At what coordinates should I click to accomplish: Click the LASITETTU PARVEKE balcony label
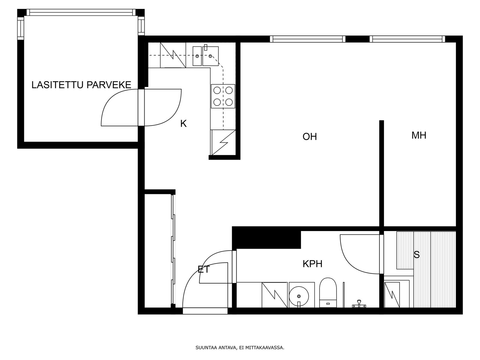click(x=81, y=85)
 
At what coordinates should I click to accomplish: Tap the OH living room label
click(x=309, y=136)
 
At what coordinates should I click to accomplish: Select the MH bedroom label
click(x=418, y=135)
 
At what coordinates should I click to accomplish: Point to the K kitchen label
click(x=183, y=124)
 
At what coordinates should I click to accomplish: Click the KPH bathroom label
click(x=312, y=264)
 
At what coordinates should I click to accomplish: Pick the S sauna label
click(x=417, y=255)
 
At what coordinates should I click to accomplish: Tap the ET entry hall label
click(x=204, y=269)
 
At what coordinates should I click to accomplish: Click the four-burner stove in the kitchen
click(x=223, y=96)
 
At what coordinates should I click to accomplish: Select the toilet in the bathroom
click(x=328, y=292)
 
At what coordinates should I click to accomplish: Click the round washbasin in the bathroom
click(x=299, y=296)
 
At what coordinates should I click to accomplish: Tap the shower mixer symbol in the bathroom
click(x=358, y=304)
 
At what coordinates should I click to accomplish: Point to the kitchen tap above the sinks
click(x=205, y=47)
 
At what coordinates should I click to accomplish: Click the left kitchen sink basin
click(x=197, y=56)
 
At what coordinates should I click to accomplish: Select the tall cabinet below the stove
click(x=223, y=142)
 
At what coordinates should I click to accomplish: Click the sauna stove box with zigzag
click(x=392, y=295)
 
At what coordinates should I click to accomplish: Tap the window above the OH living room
click(x=307, y=39)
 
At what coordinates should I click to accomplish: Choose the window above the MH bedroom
click(x=407, y=39)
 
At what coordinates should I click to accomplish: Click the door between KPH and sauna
click(x=381, y=254)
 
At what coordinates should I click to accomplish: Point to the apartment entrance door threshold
click(x=205, y=311)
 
